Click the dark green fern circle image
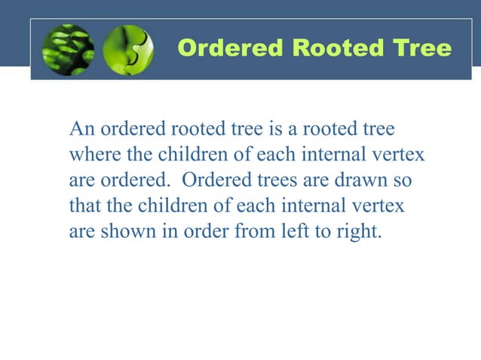pyautogui.click(x=68, y=50)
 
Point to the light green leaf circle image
pyautogui.click(x=127, y=50)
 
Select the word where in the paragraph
pyautogui.click(x=90, y=154)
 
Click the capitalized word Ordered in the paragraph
pyautogui.click(x=213, y=180)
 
